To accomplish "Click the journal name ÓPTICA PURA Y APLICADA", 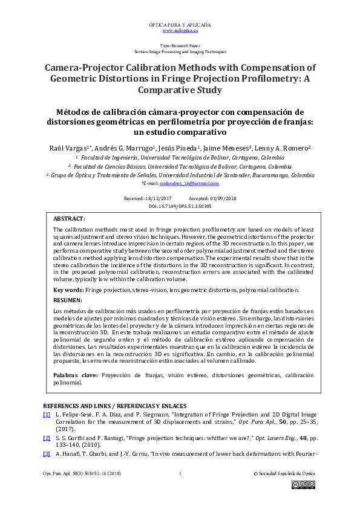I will tap(180, 24).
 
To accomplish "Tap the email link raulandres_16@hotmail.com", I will tap(193, 183).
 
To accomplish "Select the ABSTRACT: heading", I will tap(69, 218).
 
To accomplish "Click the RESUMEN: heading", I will tap(67, 300).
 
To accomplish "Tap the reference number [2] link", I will tap(47, 437).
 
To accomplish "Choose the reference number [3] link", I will tap(47, 454).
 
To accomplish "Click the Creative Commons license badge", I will tap(303, 484).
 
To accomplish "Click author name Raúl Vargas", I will tap(67, 148).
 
